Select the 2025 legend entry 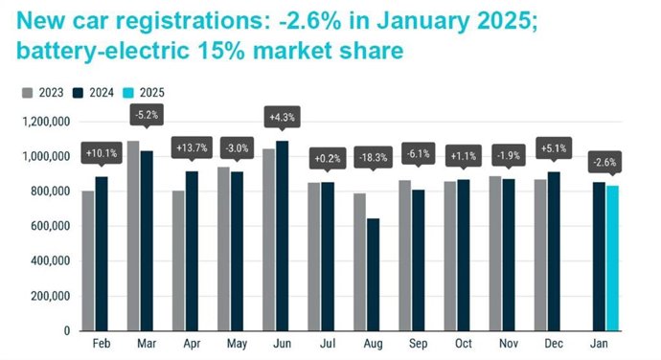pyautogui.click(x=147, y=93)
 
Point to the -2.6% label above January pyautogui.click(x=604, y=161)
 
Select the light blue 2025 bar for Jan pyautogui.click(x=611, y=259)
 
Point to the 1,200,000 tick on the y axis pyautogui.click(x=42, y=122)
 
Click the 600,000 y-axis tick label pyautogui.click(x=47, y=226)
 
